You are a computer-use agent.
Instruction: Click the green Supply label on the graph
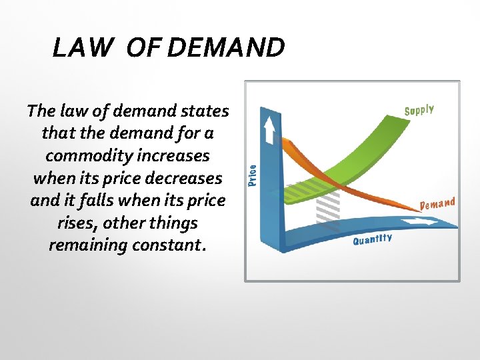[419, 110]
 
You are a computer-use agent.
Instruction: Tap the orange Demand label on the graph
[437, 203]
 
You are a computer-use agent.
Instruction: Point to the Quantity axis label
[372, 239]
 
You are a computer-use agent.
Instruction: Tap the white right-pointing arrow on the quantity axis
[428, 221]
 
